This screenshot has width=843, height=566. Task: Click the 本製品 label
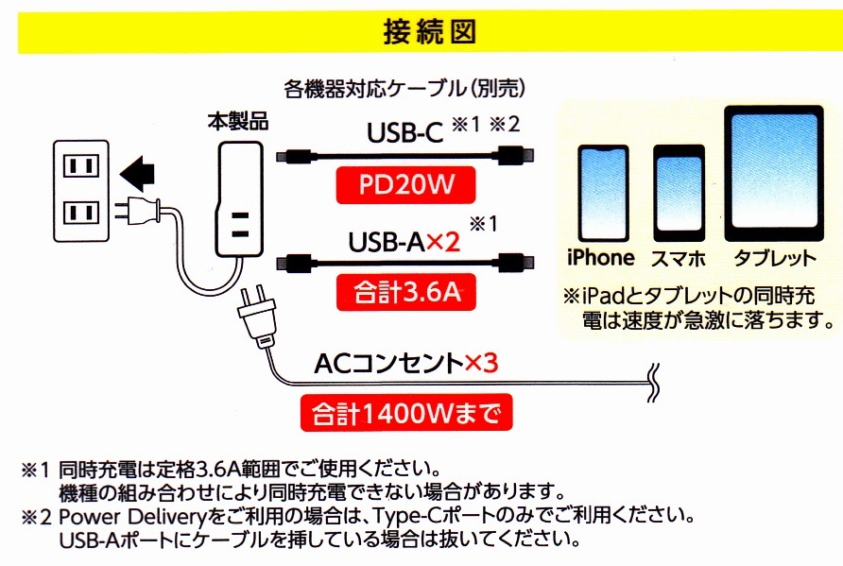238,121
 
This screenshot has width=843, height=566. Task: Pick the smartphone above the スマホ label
679,195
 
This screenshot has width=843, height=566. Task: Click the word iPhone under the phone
600,258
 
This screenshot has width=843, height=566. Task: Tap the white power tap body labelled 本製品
239,198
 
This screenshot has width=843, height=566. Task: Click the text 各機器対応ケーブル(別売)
404,90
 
